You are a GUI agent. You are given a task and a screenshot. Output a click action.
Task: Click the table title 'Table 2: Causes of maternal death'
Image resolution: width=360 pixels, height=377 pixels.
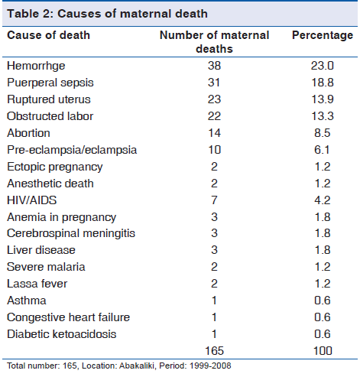point(107,14)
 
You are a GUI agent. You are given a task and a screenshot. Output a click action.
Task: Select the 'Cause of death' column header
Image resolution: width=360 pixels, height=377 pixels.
point(49,35)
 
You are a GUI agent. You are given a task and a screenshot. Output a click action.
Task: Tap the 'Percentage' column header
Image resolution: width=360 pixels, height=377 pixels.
point(323,36)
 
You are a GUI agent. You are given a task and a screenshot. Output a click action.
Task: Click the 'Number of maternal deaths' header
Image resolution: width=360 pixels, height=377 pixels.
point(214,42)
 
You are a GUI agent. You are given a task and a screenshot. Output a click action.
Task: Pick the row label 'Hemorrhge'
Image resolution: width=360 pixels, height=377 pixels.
point(36,67)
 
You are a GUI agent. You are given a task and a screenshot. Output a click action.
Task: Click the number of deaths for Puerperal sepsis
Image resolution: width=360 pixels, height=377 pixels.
point(214,83)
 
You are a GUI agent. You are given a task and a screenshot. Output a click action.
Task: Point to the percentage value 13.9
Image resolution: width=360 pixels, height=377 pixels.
point(323,99)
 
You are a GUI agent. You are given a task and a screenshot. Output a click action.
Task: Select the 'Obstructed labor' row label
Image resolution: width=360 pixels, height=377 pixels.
point(50,116)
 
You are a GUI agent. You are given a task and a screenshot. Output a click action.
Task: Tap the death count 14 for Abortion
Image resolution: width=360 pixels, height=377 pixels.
point(214,133)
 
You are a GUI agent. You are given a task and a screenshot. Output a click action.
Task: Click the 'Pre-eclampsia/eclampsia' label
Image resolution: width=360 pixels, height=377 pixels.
point(72,150)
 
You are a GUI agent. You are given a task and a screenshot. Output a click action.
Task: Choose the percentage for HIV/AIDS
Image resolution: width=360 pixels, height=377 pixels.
point(323,200)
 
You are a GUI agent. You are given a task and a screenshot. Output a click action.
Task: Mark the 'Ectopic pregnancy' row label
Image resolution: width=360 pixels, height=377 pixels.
point(55,167)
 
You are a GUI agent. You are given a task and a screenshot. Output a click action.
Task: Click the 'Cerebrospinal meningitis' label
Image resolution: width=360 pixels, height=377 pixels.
point(71,234)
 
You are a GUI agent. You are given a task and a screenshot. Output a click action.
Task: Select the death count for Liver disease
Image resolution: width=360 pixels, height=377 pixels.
point(214,250)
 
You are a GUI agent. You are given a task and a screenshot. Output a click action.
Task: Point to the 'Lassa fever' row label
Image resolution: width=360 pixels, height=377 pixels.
point(37,284)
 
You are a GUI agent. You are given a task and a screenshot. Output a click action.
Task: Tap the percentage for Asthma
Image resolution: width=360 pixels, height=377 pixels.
point(323,301)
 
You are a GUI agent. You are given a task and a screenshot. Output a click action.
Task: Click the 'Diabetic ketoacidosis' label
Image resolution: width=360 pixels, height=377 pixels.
point(62,334)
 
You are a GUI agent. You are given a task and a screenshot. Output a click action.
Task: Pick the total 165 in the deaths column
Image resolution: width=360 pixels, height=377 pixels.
point(214,351)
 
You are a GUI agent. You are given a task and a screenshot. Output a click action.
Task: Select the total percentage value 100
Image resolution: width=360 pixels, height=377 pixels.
point(323,351)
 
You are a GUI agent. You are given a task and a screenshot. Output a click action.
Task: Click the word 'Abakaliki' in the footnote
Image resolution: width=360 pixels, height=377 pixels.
point(137,366)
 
